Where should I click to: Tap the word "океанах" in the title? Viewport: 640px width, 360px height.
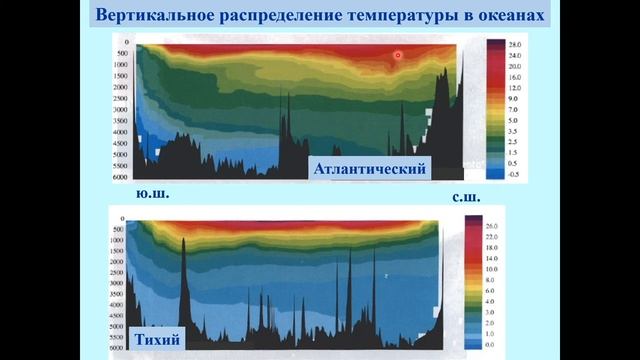(x=510, y=17)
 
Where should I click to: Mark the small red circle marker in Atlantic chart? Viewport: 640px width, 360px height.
(x=397, y=56)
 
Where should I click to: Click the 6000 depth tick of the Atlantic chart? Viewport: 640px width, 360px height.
(x=120, y=177)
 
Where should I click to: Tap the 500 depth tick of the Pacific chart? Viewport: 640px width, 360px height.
(x=117, y=230)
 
